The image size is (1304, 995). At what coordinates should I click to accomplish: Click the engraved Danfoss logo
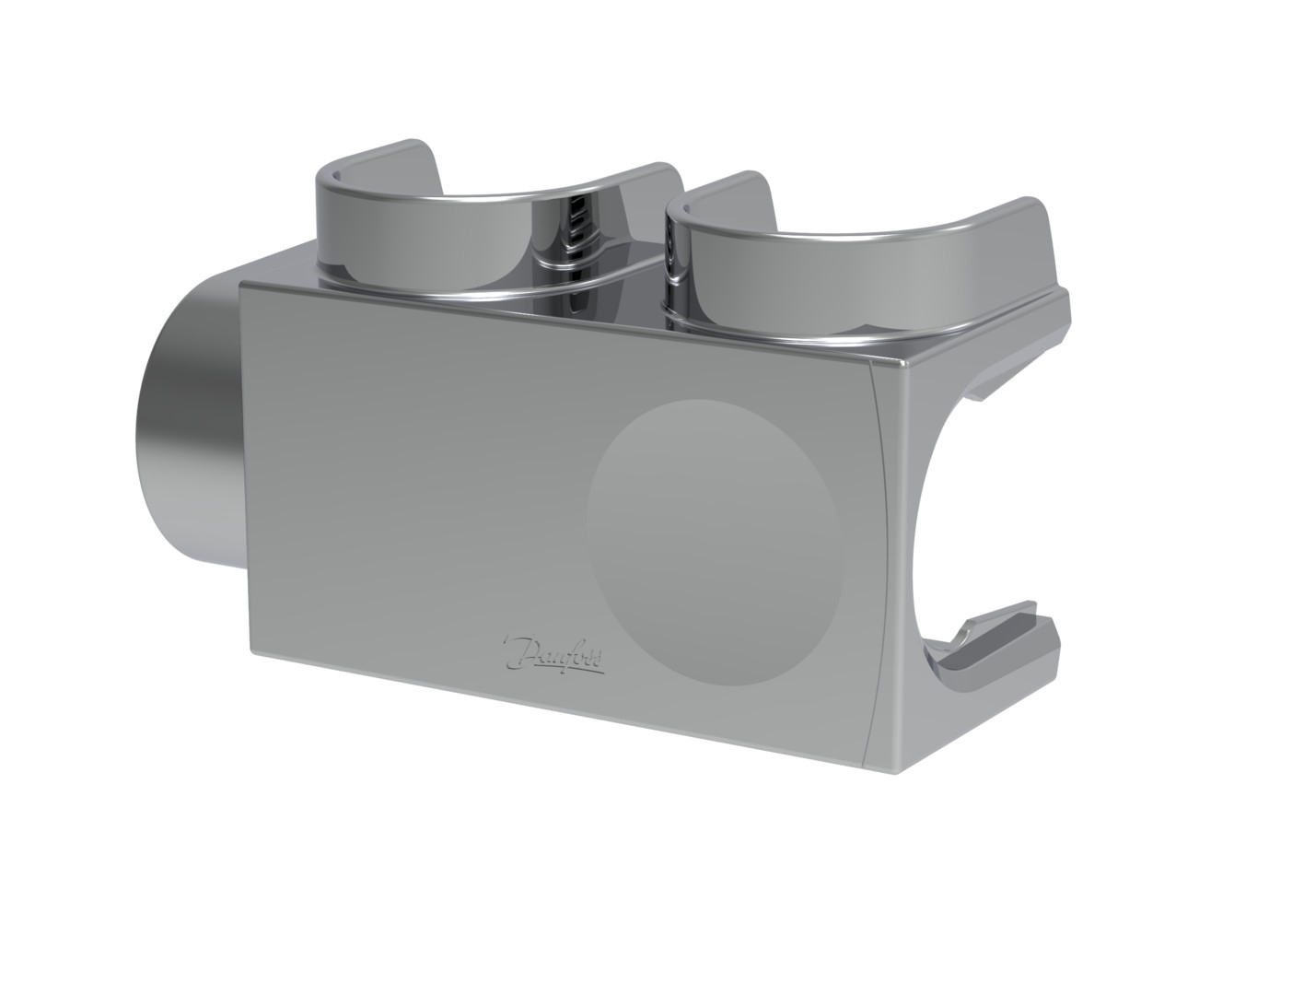click(553, 654)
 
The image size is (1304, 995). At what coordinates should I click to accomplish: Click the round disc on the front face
click(714, 542)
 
